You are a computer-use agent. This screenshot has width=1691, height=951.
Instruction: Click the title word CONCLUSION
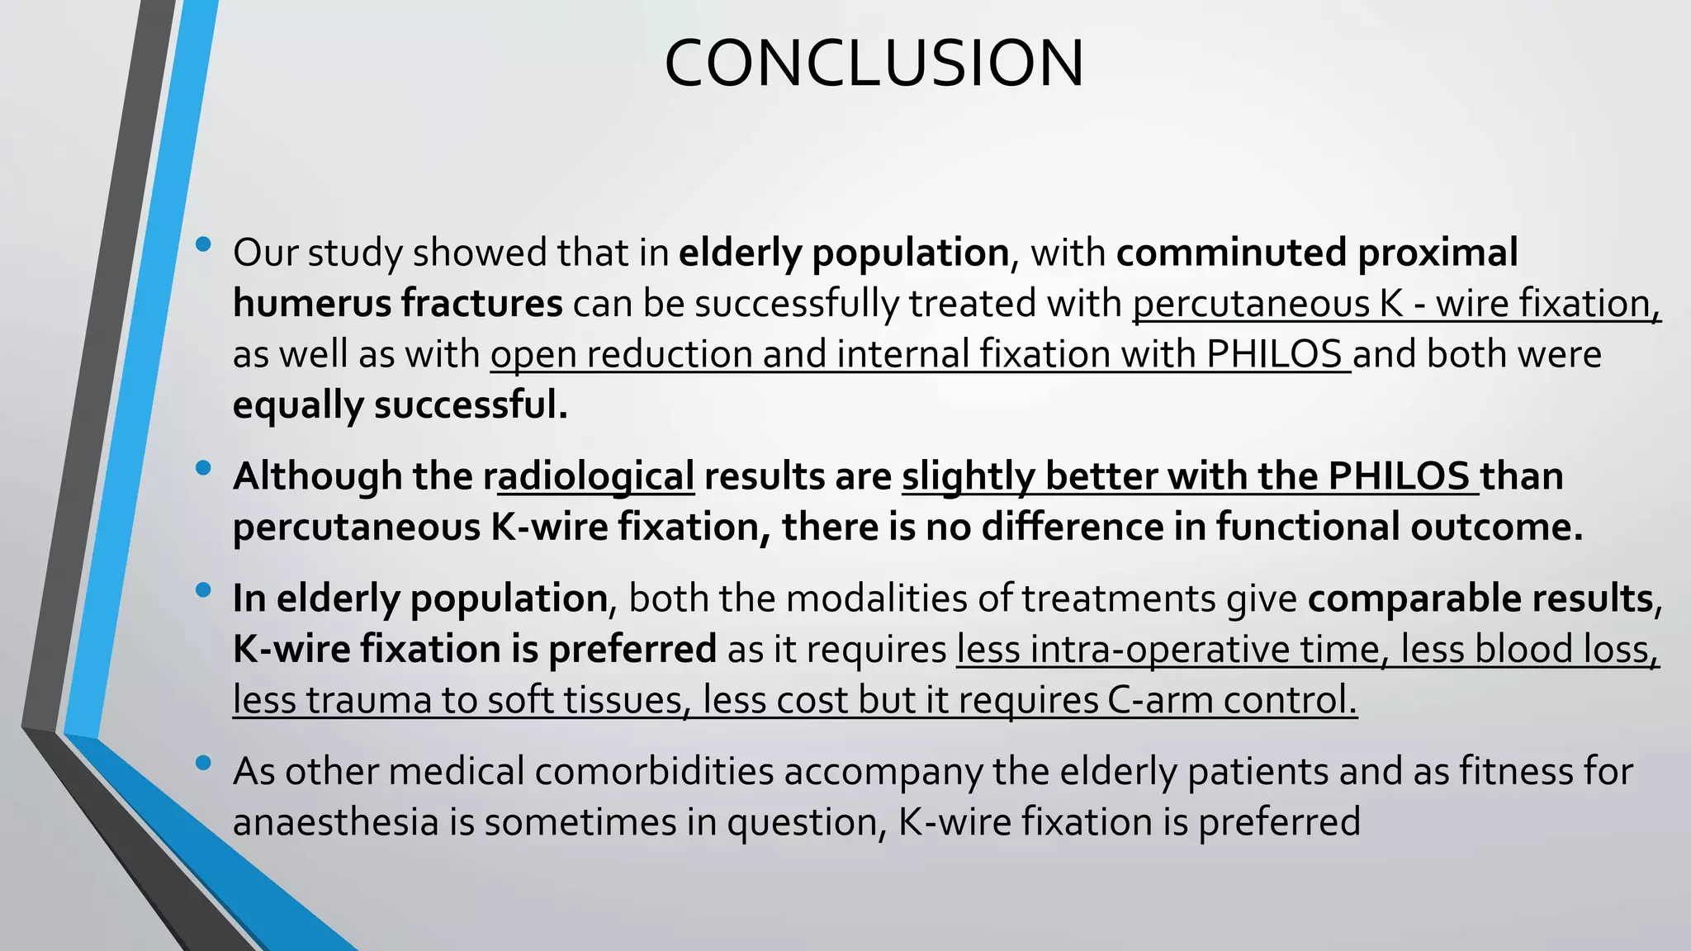point(874,64)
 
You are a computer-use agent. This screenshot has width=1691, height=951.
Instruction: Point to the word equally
point(298,405)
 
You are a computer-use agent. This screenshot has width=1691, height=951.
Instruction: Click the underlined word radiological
point(594,477)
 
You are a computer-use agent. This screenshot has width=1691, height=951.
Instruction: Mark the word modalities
point(875,599)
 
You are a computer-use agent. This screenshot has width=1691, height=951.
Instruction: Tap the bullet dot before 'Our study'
point(203,244)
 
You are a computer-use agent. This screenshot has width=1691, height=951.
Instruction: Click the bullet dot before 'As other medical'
point(203,764)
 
